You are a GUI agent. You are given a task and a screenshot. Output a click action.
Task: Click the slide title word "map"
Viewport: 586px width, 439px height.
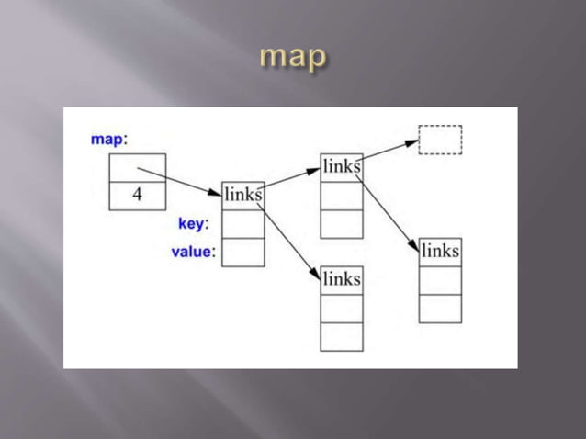293,57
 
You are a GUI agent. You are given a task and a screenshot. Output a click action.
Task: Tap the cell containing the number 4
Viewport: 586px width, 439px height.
138,196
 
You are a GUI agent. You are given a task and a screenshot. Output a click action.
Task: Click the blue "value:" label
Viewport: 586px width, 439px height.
193,252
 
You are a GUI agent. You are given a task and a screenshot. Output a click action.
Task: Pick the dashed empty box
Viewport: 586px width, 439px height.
440,140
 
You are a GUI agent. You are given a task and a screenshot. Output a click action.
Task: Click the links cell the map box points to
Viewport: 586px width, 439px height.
243,195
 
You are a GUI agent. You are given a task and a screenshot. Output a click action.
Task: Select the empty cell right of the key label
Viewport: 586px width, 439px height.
243,223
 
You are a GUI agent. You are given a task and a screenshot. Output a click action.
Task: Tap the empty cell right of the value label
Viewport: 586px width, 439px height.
243,252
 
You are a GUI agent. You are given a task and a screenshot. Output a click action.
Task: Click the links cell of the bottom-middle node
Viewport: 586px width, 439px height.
342,279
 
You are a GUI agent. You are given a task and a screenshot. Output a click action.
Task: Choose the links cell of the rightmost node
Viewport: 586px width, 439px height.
440,251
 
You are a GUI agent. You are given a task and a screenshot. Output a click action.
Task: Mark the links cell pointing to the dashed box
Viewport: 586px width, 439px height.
342,167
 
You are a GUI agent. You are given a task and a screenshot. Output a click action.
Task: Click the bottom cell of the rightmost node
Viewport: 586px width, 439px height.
440,309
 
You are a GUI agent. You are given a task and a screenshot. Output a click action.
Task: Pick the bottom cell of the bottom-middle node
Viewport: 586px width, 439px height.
342,336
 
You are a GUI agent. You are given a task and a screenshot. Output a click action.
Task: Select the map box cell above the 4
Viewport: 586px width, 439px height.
138,168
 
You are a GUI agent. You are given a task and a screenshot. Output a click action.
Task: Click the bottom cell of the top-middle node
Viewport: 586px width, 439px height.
342,224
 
